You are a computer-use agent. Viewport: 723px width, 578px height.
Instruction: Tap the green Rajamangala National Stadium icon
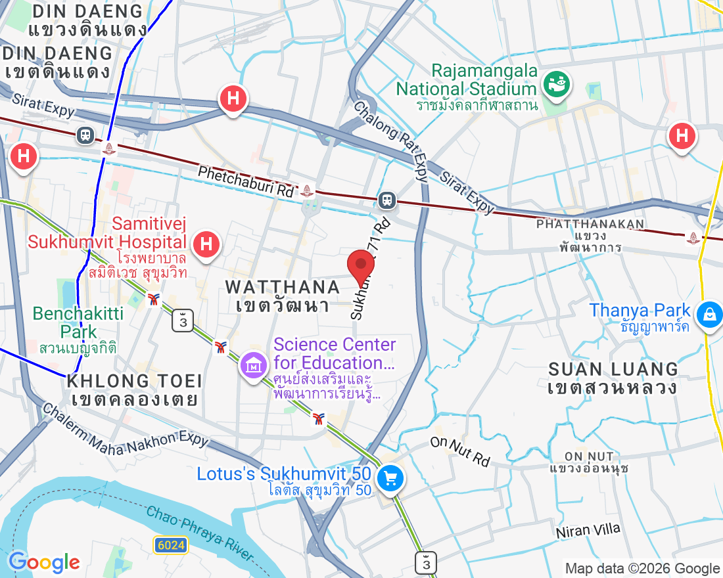coord(557,83)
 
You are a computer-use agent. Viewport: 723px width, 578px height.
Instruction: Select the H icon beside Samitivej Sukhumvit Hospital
coord(206,244)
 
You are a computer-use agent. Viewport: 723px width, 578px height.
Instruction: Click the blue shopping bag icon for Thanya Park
coord(710,313)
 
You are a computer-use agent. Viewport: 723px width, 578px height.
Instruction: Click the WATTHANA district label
coord(283,287)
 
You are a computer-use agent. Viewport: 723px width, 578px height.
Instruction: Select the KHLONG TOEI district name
coord(134,381)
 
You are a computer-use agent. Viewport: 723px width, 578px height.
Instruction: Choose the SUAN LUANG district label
coord(613,369)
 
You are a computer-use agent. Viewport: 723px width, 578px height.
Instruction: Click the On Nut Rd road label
coord(461,451)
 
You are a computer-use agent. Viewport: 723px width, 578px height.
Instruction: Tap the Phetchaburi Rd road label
coord(246,181)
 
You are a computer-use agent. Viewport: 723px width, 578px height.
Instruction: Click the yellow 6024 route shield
coord(172,545)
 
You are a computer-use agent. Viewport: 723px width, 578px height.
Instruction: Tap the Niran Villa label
coord(588,531)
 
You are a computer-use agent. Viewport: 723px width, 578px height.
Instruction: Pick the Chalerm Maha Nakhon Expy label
coord(125,426)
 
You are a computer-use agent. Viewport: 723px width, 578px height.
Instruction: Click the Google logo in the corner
coord(44,562)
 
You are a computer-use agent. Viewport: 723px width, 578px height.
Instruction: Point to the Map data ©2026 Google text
coord(642,569)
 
